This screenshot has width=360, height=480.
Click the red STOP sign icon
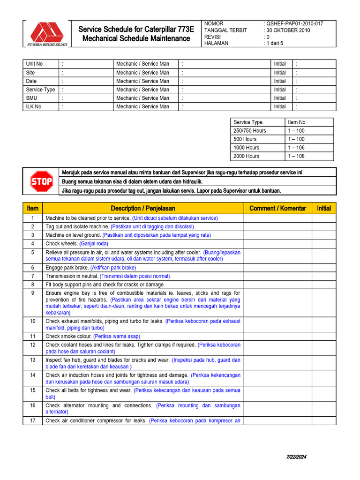click(41, 181)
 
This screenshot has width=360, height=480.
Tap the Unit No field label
click(34, 64)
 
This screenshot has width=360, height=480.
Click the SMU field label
click(31, 98)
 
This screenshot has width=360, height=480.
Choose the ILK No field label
click(34, 106)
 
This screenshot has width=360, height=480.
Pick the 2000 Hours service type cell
click(246, 156)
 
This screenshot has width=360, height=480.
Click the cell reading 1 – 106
click(296, 148)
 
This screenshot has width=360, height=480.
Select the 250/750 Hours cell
click(249, 131)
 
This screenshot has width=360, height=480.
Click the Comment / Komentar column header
click(277, 208)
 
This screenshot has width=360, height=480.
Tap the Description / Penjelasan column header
click(142, 208)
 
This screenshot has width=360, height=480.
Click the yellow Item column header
click(33, 208)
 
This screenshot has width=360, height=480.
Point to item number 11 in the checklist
click(33, 337)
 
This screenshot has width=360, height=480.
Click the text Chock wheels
click(61, 244)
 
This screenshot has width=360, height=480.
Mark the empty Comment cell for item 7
click(277, 276)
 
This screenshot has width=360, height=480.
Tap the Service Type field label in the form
click(40, 90)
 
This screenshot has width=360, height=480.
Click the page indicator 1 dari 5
click(275, 43)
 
